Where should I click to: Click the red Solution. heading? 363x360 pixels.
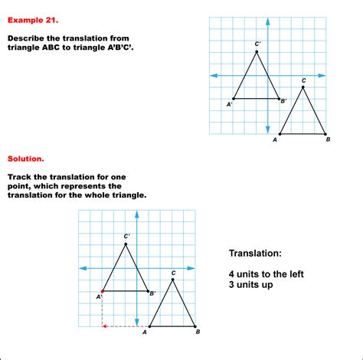coord(25,159)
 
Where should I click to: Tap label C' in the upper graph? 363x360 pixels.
coord(258,44)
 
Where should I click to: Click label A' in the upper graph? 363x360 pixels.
coord(230,104)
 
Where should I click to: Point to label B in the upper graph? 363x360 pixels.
coord(328,140)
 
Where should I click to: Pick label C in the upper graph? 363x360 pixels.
coord(304,80)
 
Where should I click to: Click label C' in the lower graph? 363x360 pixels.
coord(127,236)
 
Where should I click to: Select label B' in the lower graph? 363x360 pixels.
coord(153,293)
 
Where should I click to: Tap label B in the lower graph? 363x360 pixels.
coord(198,332)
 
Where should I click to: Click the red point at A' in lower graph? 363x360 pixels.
coord(103,291)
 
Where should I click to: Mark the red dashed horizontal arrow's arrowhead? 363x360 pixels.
coord(105,326)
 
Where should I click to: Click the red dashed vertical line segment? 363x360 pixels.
coord(103,309)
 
